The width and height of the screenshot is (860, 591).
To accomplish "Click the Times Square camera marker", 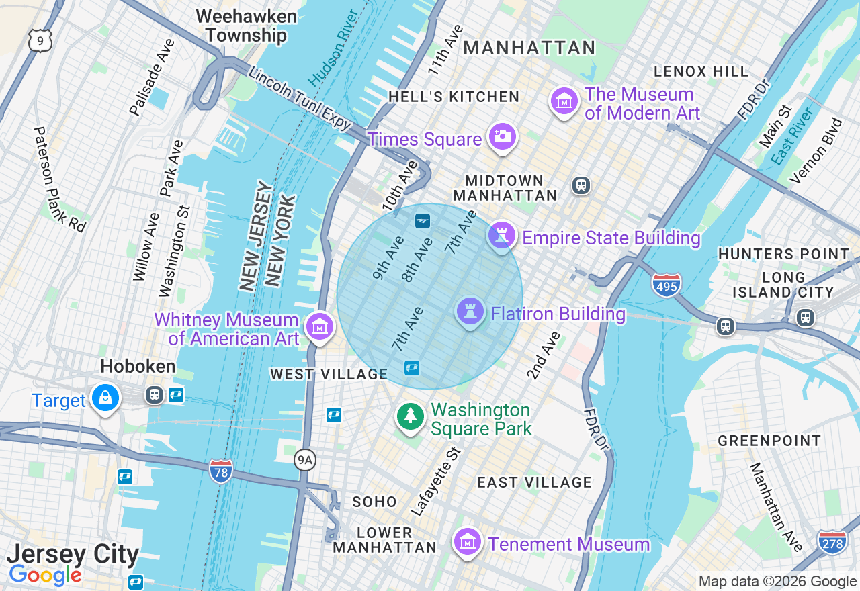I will click(502, 136).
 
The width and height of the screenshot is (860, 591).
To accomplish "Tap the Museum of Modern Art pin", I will click(564, 101).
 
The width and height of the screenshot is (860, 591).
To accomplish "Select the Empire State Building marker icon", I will click(501, 236).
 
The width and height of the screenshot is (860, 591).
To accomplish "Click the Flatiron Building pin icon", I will click(470, 312).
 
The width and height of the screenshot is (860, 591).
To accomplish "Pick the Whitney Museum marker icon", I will click(320, 327).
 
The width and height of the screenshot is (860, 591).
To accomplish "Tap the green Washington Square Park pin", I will click(410, 416).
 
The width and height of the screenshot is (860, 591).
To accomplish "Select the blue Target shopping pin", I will click(105, 398).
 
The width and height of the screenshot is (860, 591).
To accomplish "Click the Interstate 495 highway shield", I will click(666, 285).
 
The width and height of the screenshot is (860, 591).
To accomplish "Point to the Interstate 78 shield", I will click(220, 471).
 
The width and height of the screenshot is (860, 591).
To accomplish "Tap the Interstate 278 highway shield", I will click(832, 542).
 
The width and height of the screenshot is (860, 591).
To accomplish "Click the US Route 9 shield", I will click(40, 42).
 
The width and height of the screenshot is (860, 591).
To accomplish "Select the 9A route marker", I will click(306, 460).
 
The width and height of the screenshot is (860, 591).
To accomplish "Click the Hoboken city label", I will click(138, 366).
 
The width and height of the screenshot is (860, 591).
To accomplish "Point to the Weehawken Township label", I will click(246, 26).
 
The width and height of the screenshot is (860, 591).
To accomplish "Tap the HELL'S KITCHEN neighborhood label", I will click(454, 97).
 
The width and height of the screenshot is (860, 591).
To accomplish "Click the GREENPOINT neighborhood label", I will click(769, 441).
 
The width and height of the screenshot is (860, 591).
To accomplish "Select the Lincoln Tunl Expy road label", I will click(300, 98).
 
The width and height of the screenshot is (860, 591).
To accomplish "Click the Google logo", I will click(45, 575).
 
